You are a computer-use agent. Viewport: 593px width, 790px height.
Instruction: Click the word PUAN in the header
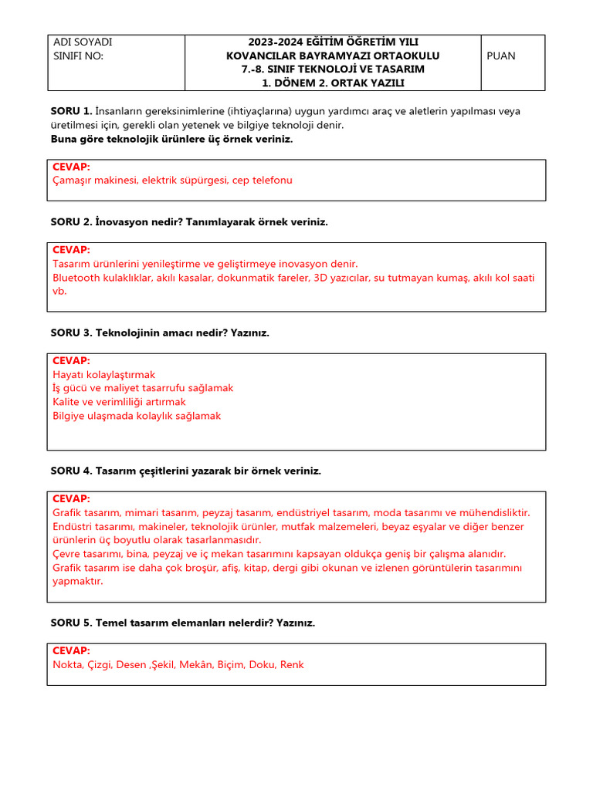501,56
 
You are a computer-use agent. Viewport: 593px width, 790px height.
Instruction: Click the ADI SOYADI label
83,42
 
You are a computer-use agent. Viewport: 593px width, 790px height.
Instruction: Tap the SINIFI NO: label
78,56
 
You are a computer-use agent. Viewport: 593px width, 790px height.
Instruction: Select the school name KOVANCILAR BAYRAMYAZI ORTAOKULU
333,56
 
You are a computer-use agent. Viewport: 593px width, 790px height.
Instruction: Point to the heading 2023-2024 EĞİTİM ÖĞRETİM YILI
333,42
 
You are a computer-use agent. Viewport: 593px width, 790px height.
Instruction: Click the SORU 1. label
71,111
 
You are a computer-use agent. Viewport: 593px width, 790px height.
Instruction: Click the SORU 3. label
71,333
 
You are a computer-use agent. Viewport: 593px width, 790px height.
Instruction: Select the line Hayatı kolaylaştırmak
103,374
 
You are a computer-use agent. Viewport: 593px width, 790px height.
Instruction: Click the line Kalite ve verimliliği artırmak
119,402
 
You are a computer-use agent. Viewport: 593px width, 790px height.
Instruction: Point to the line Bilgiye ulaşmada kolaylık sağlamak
137,416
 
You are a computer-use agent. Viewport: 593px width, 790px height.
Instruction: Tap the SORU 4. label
71,471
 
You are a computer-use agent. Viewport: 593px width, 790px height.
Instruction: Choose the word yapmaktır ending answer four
77,581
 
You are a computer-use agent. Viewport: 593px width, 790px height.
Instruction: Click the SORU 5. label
71,623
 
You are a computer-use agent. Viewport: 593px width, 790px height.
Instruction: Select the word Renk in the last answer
292,664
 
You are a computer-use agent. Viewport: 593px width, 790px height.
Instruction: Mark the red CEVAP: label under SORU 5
71,650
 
